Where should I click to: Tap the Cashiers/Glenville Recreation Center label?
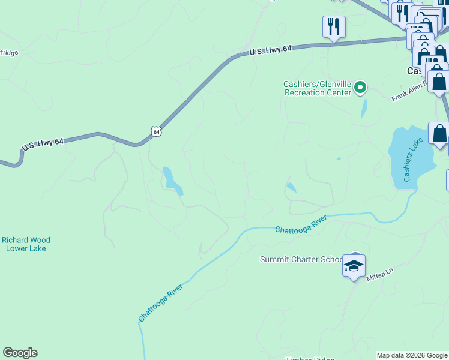(318, 88)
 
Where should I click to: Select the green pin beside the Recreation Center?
(360, 88)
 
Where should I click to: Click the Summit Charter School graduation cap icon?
(354, 265)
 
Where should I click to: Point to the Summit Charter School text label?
(301, 259)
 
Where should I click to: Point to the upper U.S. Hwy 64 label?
(271, 52)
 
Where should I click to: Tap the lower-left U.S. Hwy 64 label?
(42, 145)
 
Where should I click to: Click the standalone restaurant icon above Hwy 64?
(333, 27)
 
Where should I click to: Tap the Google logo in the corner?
(20, 352)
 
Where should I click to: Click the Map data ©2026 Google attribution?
(412, 355)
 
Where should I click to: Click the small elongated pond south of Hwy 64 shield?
(172, 181)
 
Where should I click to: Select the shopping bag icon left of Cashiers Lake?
(439, 134)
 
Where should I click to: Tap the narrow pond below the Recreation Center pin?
(364, 108)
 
